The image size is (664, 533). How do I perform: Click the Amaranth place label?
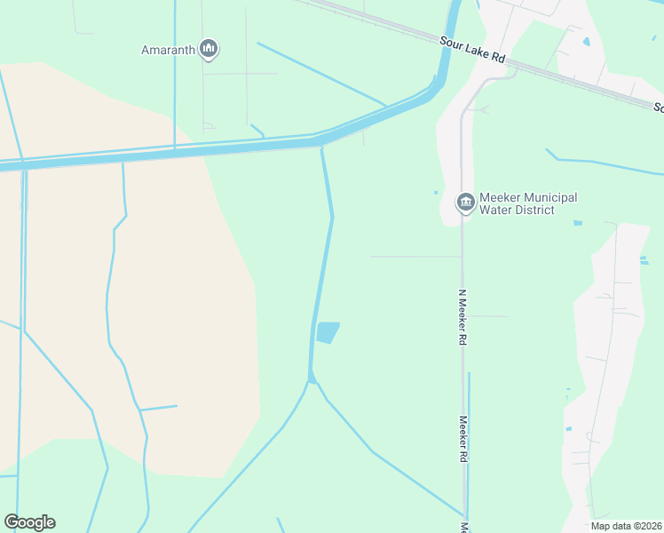[168, 50]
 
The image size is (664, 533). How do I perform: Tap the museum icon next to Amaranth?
[209, 48]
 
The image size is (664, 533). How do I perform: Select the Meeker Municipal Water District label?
[528, 203]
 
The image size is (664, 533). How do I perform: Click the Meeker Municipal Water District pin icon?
[465, 203]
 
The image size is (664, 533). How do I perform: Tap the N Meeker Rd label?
[462, 317]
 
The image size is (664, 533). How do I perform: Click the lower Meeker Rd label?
[462, 439]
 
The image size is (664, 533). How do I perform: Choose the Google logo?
[29, 522]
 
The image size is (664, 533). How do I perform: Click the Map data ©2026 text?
[625, 526]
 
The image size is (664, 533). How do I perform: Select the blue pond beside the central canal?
[328, 333]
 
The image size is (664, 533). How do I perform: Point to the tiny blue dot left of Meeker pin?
[435, 192]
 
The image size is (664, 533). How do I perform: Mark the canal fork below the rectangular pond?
[312, 381]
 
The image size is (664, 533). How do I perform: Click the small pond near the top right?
[585, 41]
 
